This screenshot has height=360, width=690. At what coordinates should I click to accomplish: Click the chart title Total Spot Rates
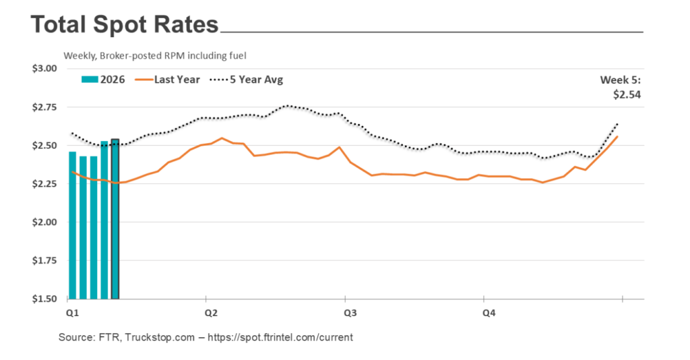125,26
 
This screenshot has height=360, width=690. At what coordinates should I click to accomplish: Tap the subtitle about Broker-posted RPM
159,55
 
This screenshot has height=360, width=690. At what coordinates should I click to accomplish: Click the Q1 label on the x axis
71,313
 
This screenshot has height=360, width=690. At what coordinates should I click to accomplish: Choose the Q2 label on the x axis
210,313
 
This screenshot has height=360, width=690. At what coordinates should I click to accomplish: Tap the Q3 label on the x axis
350,313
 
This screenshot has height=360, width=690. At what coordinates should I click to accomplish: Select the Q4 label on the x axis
489,313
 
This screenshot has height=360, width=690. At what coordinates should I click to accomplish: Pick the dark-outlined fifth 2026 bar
115,219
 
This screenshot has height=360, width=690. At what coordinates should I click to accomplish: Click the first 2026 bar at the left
73,225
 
